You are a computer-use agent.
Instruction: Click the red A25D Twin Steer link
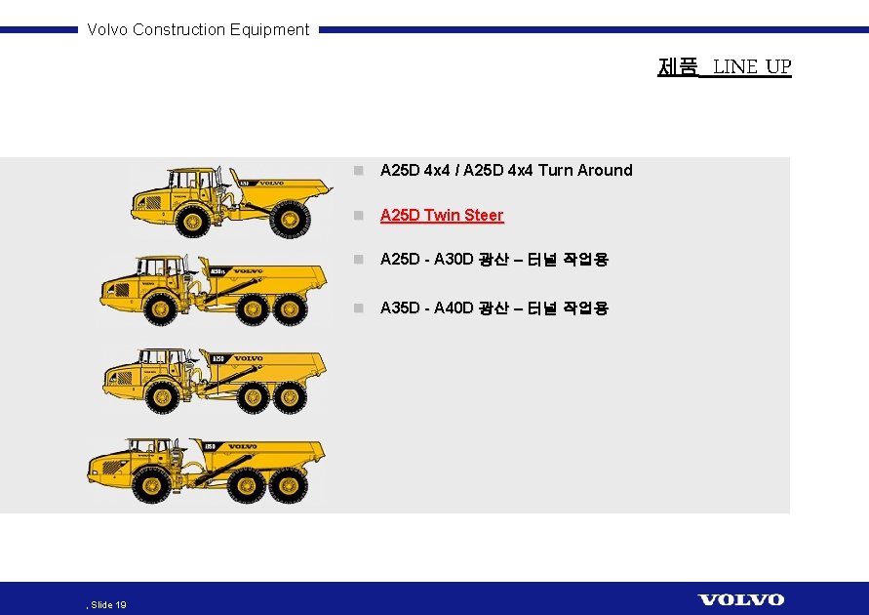click(x=442, y=215)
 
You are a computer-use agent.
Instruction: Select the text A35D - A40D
click(x=426, y=307)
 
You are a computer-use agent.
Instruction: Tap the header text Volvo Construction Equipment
click(x=198, y=29)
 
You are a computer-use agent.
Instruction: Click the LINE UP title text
click(x=751, y=66)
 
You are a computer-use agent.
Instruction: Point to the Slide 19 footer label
click(x=108, y=605)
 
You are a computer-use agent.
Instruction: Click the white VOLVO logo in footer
click(x=740, y=599)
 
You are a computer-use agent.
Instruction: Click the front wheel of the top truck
click(x=192, y=220)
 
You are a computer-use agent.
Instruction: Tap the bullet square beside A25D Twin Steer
click(x=358, y=215)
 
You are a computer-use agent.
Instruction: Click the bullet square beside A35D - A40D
click(x=358, y=307)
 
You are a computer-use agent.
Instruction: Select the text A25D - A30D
click(x=426, y=259)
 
